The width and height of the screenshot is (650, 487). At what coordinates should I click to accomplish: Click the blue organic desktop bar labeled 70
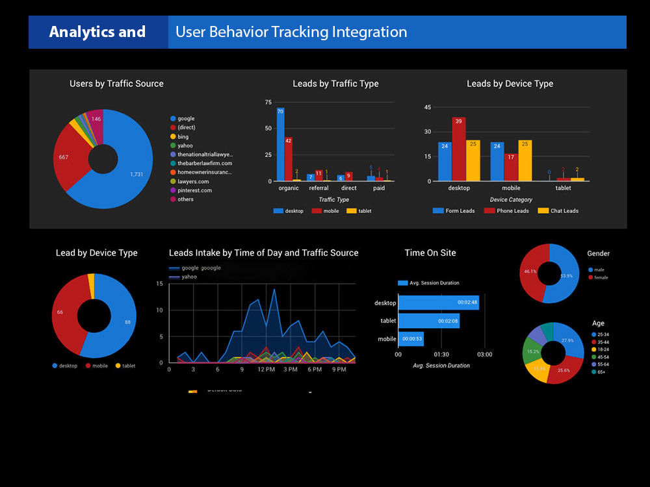280,144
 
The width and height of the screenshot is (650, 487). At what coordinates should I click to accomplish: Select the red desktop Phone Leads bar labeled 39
459,149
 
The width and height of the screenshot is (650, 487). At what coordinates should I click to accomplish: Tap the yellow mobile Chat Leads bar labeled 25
525,160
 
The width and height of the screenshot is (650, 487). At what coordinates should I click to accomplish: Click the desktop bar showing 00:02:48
438,303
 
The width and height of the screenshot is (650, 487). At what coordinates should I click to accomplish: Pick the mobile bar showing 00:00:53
411,338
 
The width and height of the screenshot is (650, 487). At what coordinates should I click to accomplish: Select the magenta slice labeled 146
95,123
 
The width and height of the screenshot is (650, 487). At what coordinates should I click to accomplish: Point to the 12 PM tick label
266,369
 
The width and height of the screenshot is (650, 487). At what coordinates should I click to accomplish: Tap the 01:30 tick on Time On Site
441,354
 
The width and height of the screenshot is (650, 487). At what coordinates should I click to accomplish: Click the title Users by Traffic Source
116,84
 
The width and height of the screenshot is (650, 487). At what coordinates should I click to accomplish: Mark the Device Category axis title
511,200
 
